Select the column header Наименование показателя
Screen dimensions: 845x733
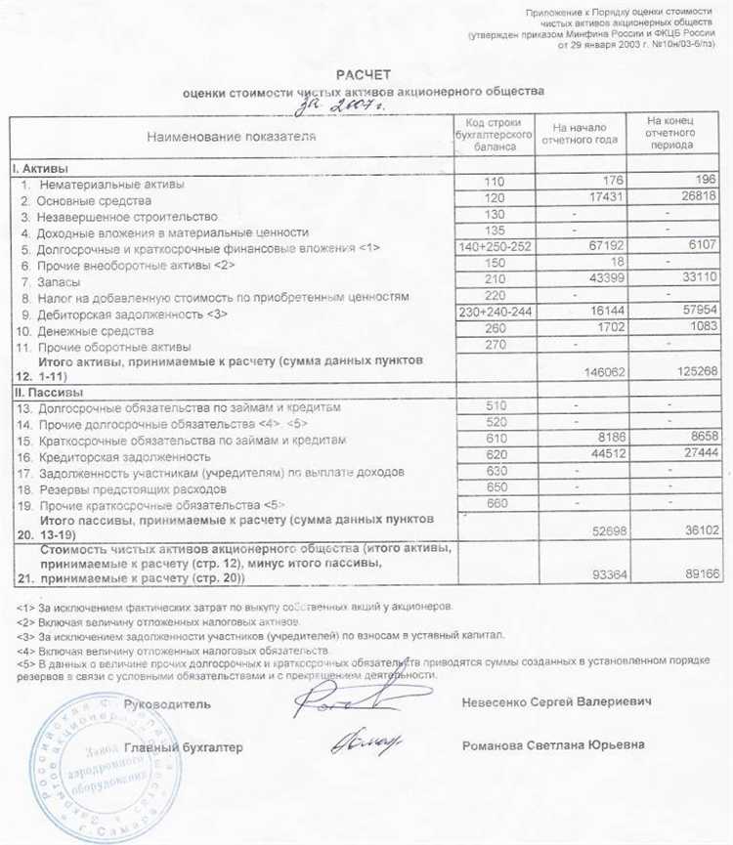point(232,137)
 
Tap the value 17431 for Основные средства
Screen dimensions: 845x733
point(604,199)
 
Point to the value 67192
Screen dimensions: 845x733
point(604,248)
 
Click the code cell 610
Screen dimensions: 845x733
point(495,439)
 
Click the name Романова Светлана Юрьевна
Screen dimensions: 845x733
point(553,745)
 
